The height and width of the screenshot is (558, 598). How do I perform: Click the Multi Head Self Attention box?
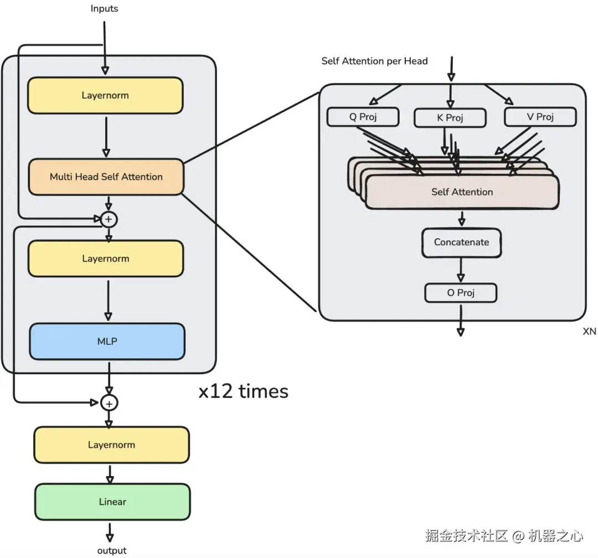106,177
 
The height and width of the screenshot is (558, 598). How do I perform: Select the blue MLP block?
107,342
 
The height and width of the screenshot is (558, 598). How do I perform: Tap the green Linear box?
112,502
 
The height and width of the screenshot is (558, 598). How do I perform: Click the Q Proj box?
363,117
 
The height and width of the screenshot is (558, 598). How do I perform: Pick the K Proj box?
450,118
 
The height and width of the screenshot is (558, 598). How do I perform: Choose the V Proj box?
540,117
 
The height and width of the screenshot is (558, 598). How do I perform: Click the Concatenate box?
461,242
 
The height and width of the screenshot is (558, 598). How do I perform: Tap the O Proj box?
461,293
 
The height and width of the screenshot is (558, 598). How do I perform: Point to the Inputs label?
104,8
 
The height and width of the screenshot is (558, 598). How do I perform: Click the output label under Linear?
112,550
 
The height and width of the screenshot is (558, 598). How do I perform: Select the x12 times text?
243,391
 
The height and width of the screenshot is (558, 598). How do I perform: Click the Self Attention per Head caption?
374,61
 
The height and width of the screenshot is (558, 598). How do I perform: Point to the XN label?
589,332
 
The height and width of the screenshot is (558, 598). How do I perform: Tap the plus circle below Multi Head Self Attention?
109,219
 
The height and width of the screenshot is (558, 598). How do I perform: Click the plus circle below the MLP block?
109,404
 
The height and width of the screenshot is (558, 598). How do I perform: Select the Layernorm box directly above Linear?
111,445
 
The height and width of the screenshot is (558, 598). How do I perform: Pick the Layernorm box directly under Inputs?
105,95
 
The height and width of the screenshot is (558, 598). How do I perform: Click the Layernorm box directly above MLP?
106,259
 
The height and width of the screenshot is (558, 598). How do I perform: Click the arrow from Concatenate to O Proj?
461,270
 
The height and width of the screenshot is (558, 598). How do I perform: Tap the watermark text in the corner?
504,536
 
